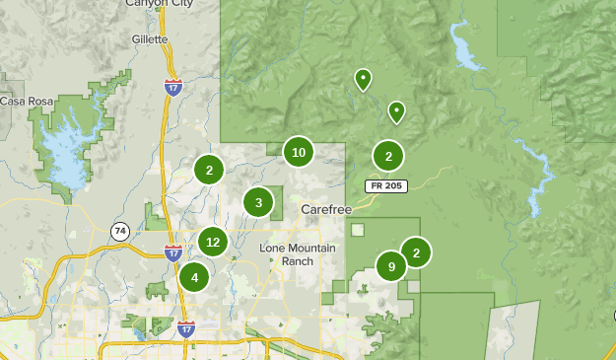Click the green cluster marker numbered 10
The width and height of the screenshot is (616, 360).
(299, 152)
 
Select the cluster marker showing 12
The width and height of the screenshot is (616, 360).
(213, 241)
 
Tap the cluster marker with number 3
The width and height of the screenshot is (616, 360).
(258, 203)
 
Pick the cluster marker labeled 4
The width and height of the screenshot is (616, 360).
(194, 277)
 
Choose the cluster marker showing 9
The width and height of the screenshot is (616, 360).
(391, 266)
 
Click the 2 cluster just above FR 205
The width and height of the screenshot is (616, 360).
(388, 156)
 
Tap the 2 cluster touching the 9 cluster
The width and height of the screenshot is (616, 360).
(416, 252)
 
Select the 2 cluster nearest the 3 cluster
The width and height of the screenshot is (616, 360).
(209, 170)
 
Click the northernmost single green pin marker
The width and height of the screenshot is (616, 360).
(363, 79)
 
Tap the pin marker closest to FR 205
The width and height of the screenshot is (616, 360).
(396, 111)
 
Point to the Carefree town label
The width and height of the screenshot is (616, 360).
(326, 209)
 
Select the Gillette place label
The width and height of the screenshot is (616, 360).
(150, 39)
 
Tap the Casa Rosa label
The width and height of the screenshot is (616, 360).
(25, 101)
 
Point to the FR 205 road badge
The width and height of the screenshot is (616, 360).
(385, 185)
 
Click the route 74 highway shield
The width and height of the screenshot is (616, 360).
(119, 231)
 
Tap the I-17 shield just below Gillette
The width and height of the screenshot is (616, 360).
(172, 87)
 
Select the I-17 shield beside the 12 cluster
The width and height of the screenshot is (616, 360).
(173, 252)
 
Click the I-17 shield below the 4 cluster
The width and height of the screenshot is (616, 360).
(186, 327)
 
